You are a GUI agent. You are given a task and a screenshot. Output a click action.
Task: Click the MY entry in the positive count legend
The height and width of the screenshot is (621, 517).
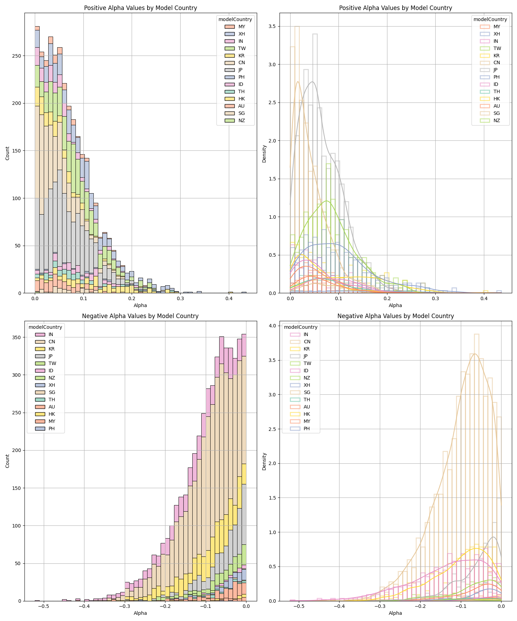pyautogui.click(x=242, y=27)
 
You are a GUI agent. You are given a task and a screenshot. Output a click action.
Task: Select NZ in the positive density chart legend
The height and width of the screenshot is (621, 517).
pyautogui.click(x=497, y=120)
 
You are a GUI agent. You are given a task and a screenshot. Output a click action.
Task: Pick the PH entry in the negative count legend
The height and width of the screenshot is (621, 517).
pyautogui.click(x=51, y=428)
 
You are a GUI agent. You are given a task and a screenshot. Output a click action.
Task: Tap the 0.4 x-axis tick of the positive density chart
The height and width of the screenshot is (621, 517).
pyautogui.click(x=484, y=299)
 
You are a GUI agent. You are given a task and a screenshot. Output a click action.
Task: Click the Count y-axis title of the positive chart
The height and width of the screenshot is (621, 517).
pyautogui.click(x=8, y=153)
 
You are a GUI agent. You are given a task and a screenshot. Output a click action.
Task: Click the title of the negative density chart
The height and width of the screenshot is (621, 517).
pyautogui.click(x=395, y=316)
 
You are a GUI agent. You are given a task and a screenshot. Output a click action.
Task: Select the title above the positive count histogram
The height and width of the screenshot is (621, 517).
pyautogui.click(x=140, y=8)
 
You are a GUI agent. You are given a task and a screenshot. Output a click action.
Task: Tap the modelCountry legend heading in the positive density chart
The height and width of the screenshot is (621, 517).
pyautogui.click(x=490, y=19)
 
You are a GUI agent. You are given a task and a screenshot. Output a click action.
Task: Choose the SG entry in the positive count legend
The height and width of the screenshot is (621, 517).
pyautogui.click(x=242, y=113)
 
